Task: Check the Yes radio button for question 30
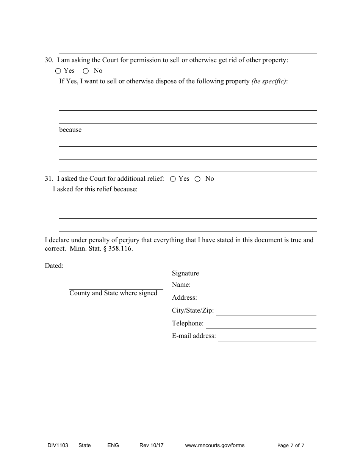58,71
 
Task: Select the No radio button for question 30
86,71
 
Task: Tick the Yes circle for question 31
173,179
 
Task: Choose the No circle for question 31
197,179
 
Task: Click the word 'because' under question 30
70,130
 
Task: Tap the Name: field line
254,287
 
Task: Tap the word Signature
185,274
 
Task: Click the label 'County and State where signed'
113,293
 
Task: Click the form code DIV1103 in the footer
55,446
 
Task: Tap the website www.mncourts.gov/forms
214,446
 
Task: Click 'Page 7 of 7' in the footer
291,446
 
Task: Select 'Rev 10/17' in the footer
151,446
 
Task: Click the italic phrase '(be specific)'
269,81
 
